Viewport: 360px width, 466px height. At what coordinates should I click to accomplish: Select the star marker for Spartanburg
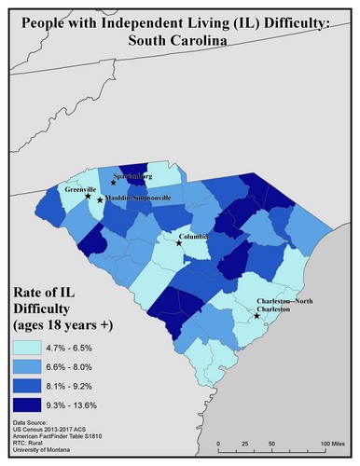(x=113, y=184)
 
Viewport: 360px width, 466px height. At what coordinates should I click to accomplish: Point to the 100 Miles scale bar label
(x=332, y=441)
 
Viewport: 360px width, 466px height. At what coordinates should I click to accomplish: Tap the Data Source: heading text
(x=35, y=422)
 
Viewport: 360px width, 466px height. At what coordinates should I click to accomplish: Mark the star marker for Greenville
(x=89, y=196)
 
